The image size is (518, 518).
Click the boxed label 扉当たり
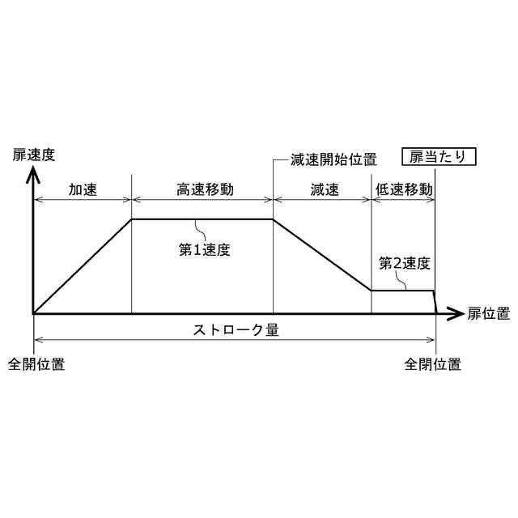(x=439, y=157)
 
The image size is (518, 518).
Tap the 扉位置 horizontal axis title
(x=489, y=313)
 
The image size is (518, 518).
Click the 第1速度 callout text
(x=205, y=249)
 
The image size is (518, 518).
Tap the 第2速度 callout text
(x=404, y=263)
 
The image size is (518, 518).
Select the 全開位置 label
(x=36, y=364)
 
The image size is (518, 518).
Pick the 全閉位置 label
(x=433, y=364)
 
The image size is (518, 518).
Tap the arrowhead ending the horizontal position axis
(x=458, y=313)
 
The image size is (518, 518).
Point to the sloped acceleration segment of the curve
(x=81, y=266)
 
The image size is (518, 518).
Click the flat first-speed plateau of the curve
(x=202, y=219)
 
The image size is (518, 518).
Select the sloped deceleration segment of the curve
(x=322, y=255)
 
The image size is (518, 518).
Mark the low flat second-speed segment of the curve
(x=403, y=291)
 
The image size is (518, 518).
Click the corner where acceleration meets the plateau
(x=132, y=219)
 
